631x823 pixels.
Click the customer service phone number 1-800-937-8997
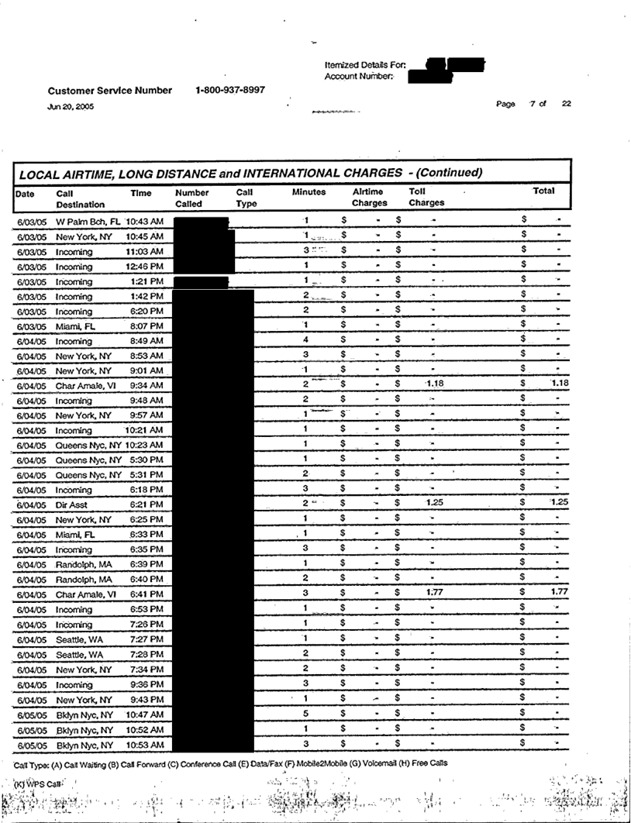230,90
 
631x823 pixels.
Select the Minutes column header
309,191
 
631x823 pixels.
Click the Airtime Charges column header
369,197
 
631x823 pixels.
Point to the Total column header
543,191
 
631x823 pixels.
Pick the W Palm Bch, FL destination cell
88,222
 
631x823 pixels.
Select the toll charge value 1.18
434,383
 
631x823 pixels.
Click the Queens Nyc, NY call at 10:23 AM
88,445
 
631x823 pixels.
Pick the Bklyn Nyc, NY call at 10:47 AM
84,715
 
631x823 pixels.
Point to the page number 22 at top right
566,104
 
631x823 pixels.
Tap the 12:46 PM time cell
145,267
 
